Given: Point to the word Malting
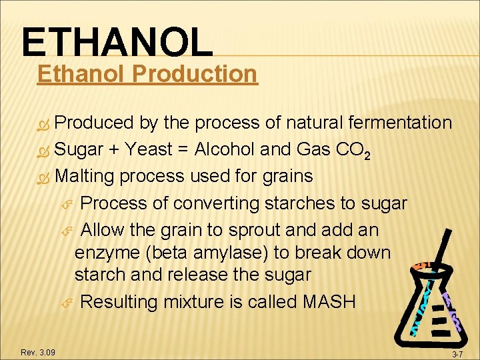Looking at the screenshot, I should (89, 176).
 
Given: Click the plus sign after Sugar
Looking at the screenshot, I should (116, 149).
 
